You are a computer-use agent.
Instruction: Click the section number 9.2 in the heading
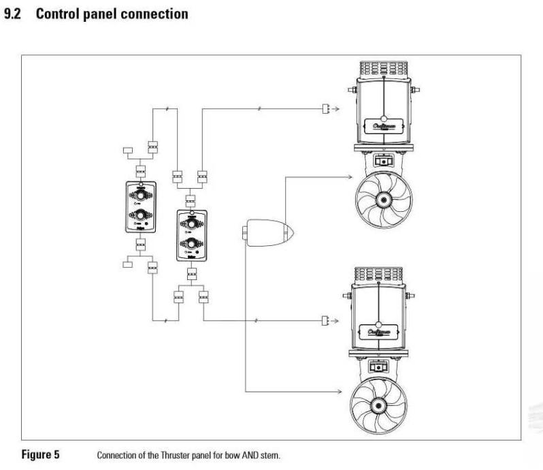[14, 14]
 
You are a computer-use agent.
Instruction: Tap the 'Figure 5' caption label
[40, 454]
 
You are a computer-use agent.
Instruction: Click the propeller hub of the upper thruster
[384, 200]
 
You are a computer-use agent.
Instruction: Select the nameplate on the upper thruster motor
[384, 125]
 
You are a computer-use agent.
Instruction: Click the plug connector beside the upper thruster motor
[325, 109]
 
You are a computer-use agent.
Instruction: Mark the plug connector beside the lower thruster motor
[325, 319]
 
